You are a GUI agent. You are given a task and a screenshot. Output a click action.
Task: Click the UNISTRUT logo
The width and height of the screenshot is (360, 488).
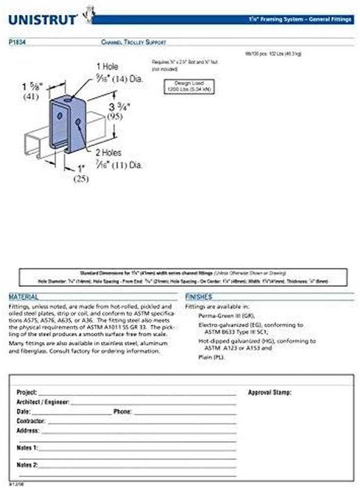pos(43,19)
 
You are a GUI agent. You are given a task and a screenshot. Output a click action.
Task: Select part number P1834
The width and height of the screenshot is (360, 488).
pos(18,42)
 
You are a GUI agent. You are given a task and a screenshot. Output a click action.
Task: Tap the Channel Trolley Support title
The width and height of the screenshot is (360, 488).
pos(133,42)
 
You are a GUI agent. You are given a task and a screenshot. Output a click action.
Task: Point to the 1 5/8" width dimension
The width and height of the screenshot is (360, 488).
pos(34,87)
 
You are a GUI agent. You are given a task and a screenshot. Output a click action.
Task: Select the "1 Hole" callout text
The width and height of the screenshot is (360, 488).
pos(107,66)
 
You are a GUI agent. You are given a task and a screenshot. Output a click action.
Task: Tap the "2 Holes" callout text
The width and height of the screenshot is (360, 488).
pos(108,153)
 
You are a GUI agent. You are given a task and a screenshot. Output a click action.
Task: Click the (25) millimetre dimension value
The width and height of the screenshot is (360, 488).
pos(81,179)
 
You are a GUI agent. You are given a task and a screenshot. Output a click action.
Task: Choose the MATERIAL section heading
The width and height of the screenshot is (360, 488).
pos(24,297)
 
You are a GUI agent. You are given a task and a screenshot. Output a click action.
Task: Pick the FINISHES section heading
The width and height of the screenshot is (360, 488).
pos(198,297)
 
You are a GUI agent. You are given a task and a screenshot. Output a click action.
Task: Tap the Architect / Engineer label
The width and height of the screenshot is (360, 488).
pos(43,402)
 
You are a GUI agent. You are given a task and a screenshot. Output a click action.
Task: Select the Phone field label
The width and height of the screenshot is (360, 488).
pos(123,411)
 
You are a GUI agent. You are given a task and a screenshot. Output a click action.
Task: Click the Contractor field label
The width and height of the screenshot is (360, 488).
pos(31,421)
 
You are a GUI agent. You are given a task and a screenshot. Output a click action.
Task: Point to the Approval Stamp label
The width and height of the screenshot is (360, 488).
pos(270,392)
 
